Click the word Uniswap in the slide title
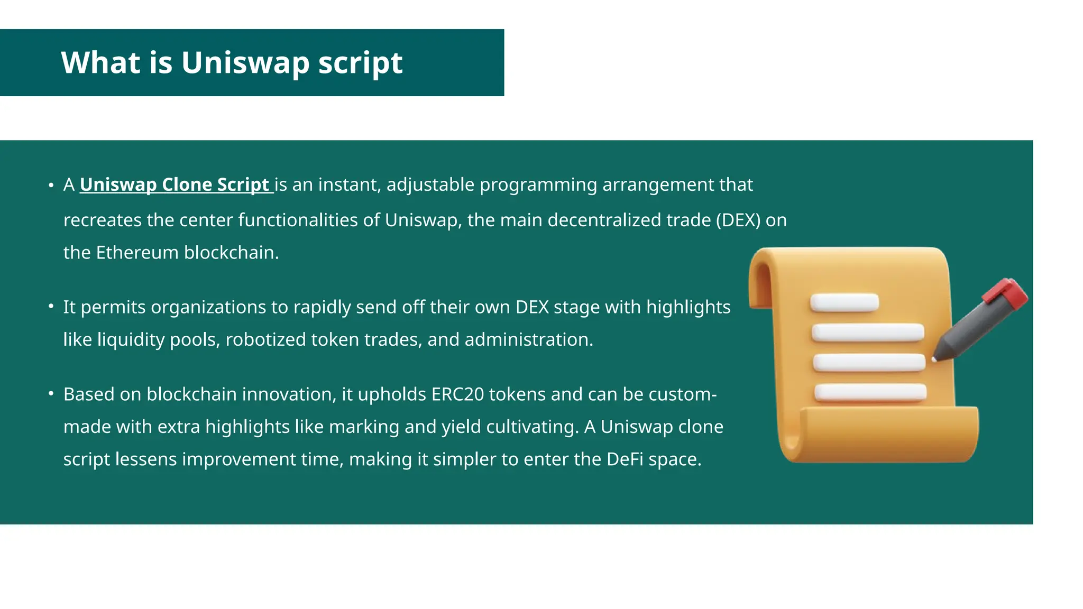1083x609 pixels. [x=245, y=62]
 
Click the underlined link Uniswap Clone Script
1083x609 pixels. [x=175, y=184]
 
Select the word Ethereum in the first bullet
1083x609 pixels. [x=137, y=253]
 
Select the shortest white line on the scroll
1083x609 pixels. [x=845, y=302]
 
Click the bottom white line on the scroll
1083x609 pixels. [x=870, y=392]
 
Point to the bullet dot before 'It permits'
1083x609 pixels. [x=51, y=307]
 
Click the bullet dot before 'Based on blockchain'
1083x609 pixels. [x=51, y=394]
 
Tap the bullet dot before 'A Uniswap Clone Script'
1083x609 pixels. [x=51, y=185]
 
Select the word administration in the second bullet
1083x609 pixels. [x=528, y=339]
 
